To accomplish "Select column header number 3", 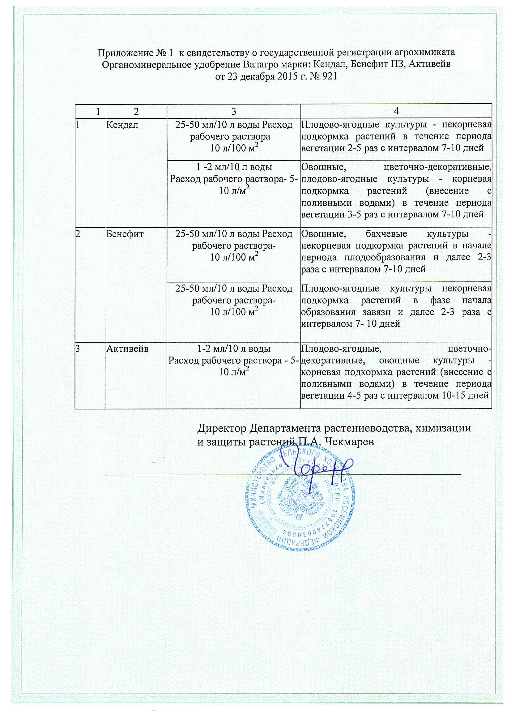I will coord(233,111).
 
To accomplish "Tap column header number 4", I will coord(396,111).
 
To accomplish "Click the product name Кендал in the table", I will coord(122,125).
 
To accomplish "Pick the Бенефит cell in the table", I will coord(125,234).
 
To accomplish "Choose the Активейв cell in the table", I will coord(127,349).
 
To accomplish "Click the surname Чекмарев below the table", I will coord(349,442).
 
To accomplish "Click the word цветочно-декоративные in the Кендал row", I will coord(438,167).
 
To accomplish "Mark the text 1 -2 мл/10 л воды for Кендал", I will coord(234,167).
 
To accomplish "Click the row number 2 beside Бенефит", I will coord(78,234).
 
